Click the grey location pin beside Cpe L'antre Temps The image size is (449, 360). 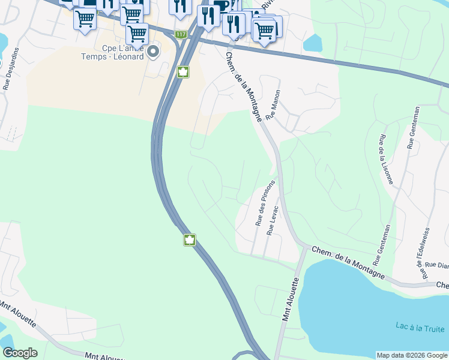tap(154, 52)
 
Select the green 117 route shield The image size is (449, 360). tap(180, 34)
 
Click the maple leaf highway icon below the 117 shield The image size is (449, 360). tap(182, 73)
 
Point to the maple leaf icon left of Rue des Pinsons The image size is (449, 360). tap(189, 241)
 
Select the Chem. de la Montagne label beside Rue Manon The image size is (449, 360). tap(243, 86)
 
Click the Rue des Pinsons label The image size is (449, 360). tap(265, 203)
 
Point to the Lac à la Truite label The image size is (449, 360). tap(420, 328)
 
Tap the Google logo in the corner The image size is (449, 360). tap(20, 353)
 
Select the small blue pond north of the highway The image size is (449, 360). tap(313, 42)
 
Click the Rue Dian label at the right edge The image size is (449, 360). tap(436, 265)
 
